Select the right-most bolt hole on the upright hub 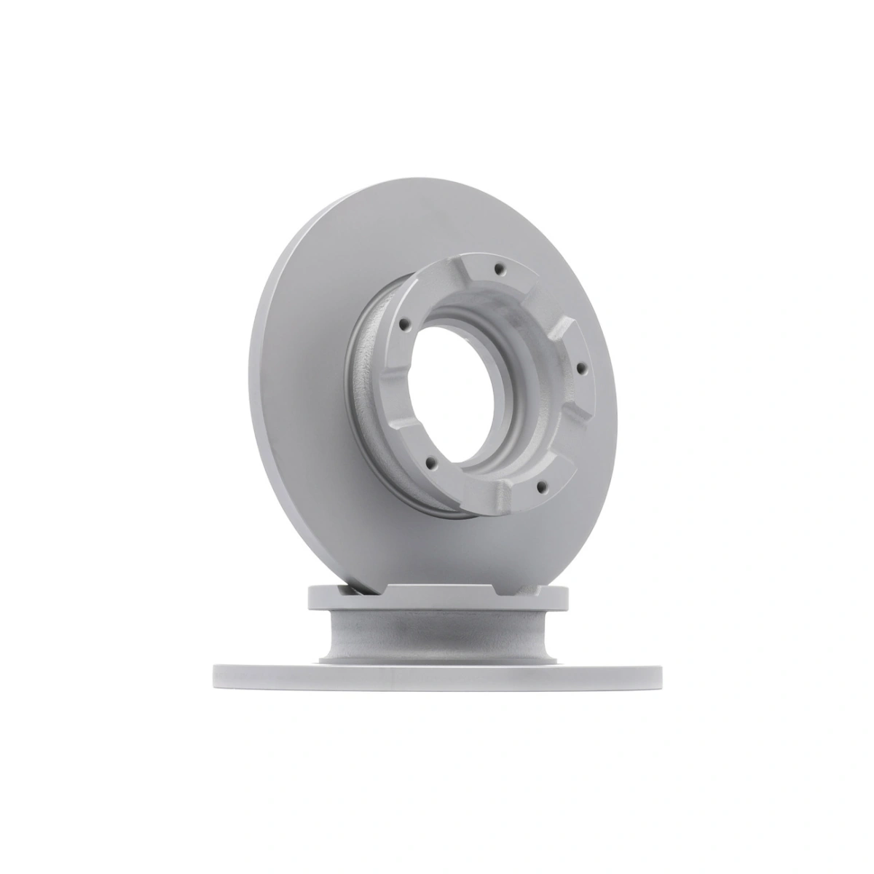[x=580, y=368]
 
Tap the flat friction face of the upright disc [x=306, y=379]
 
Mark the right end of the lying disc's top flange [x=565, y=597]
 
